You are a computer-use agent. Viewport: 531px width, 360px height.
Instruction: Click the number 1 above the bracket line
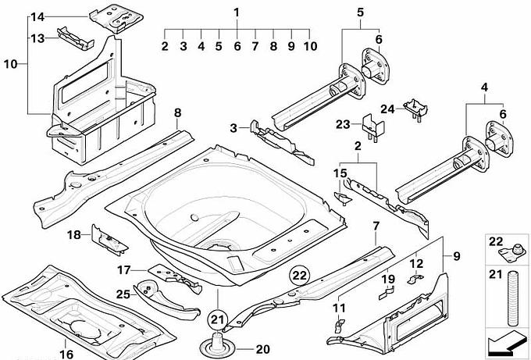pos(237,12)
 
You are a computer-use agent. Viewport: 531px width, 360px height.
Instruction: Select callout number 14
pos(37,16)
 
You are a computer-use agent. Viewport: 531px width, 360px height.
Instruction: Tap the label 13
pos(37,37)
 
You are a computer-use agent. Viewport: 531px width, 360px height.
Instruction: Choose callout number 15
pos(340,173)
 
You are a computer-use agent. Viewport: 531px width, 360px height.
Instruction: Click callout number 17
pos(123,271)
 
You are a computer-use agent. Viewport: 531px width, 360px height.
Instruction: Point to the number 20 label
pos(262,349)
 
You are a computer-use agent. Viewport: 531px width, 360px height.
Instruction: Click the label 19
pos(387,279)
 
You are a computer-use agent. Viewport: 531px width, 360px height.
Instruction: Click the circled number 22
pos(299,273)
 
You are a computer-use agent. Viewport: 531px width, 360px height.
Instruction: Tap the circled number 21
pos(219,318)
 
